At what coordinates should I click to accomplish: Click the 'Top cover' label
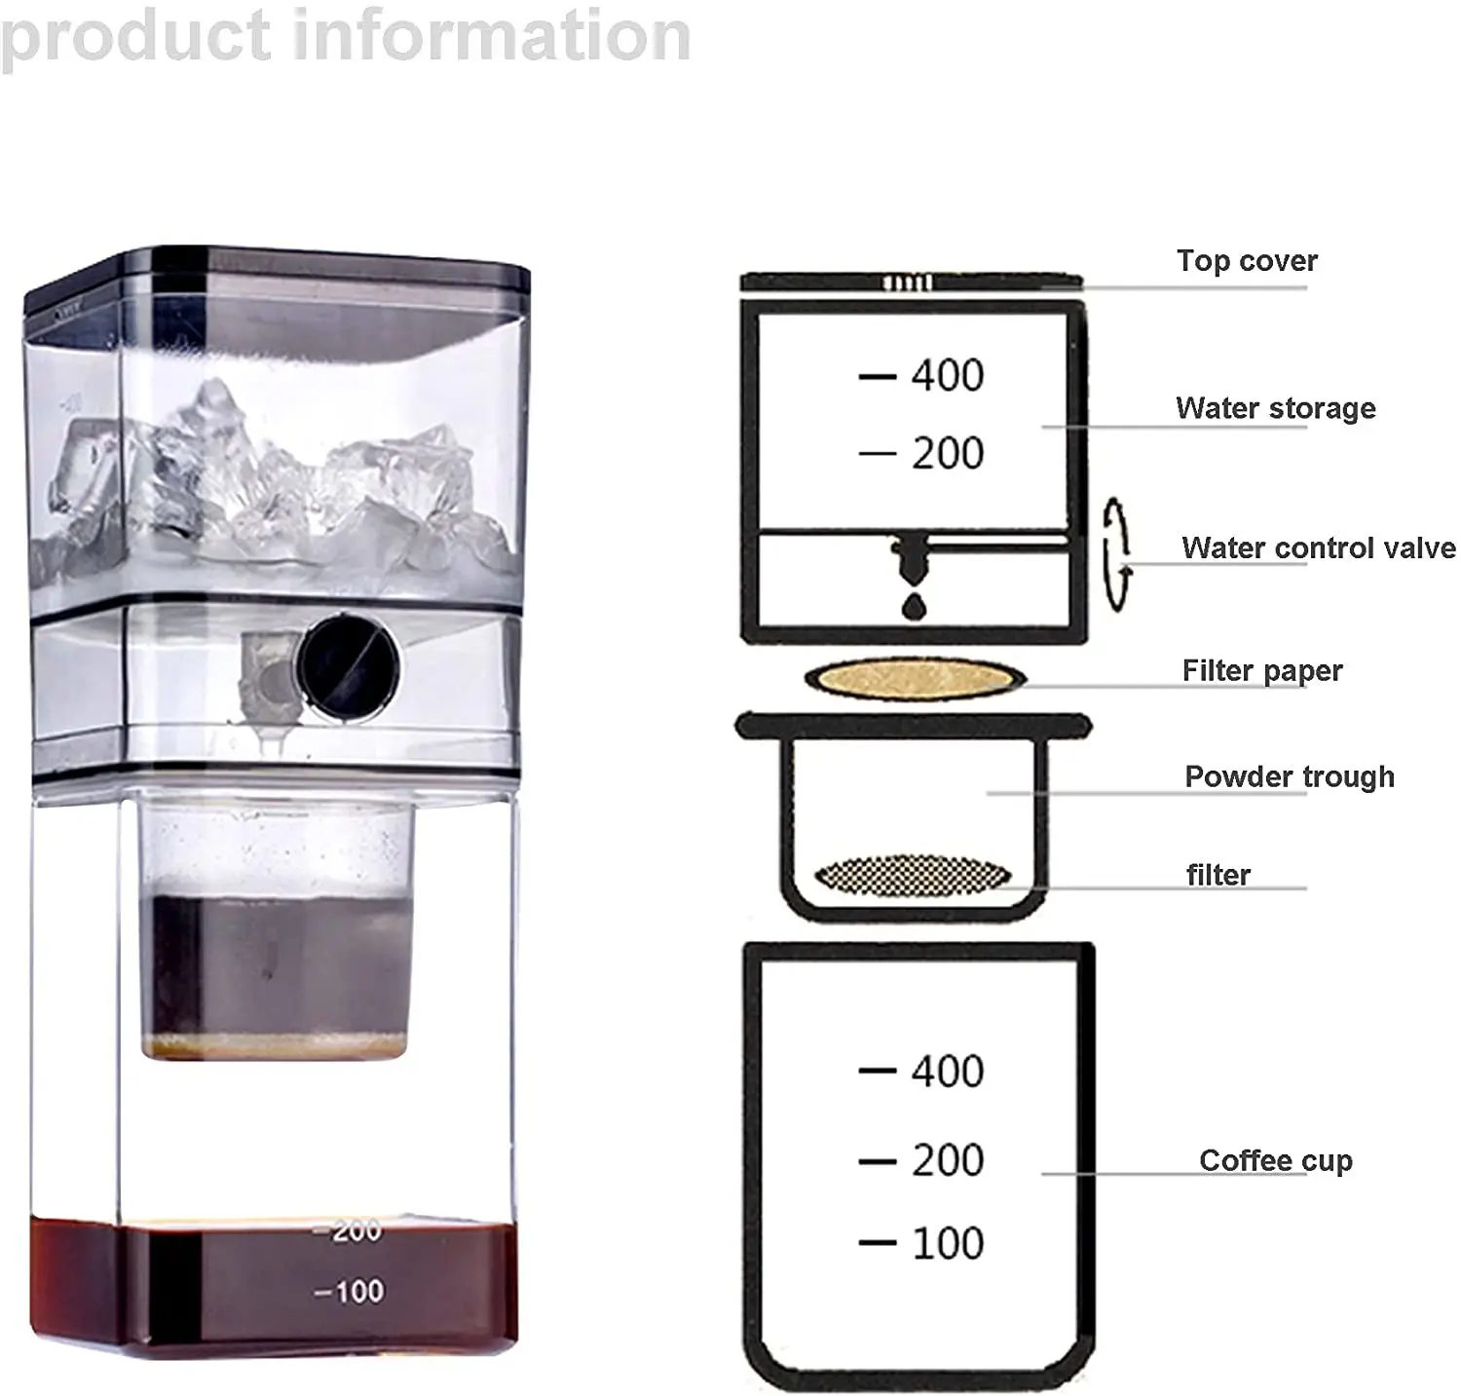coord(1246,261)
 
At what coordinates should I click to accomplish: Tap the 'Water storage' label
coord(1275,408)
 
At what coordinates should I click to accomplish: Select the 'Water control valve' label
coord(1318,548)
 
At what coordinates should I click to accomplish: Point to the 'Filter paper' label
coord(1261,671)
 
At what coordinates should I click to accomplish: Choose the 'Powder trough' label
coord(1289,776)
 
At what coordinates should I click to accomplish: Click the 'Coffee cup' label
coord(1275,1160)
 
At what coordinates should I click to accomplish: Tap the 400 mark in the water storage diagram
coord(947,376)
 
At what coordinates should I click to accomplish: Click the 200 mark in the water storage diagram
coord(947,454)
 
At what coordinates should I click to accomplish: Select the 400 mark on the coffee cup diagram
coord(947,1072)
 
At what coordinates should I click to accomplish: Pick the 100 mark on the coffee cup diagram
coord(947,1244)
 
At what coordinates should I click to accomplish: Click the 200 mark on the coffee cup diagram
coord(947,1160)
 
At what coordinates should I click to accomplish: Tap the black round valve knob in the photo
coord(348,662)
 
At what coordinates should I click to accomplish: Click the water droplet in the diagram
coord(914,606)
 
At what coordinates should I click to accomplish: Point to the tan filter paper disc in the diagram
coord(914,678)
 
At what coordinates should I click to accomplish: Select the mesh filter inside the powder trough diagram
coord(912,874)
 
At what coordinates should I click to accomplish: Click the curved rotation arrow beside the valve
coord(1116,553)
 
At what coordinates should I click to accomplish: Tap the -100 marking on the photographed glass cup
coord(350,1292)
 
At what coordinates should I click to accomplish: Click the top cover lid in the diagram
coord(911,283)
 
